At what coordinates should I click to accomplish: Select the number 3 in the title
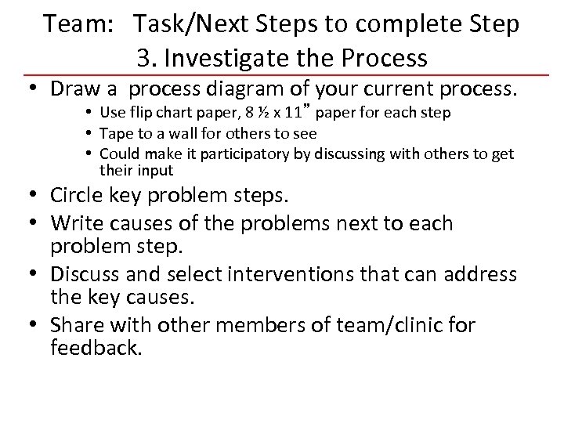pyautogui.click(x=143, y=58)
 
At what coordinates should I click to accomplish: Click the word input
pyautogui.click(x=155, y=170)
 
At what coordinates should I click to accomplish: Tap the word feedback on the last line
pyautogui.click(x=96, y=349)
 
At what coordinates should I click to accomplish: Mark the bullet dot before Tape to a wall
pyautogui.click(x=91, y=133)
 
